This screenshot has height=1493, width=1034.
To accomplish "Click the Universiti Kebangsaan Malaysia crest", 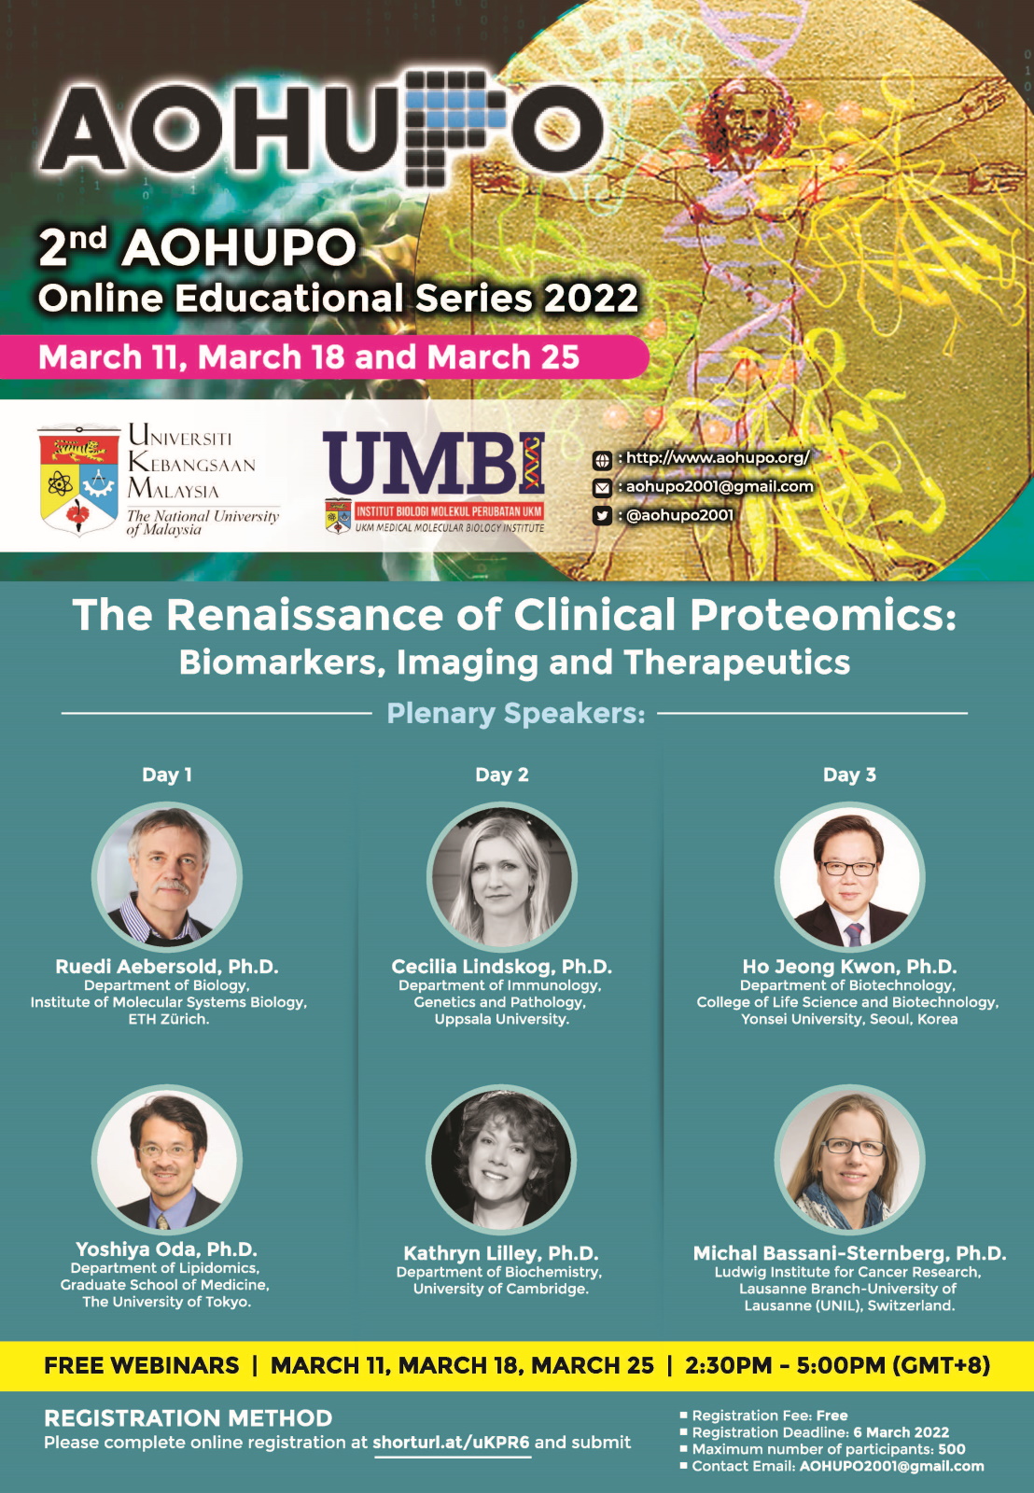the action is point(78,480).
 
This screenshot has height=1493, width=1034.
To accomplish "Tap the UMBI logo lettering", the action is point(434,463).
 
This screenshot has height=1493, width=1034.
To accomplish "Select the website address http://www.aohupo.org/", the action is point(718,457).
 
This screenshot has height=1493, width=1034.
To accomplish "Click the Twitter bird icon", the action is point(601,515).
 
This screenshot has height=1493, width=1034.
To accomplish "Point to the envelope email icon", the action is point(601,488).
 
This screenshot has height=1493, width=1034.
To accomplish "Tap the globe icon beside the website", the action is point(601,459).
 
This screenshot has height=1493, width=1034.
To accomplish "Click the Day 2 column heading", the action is point(502,774).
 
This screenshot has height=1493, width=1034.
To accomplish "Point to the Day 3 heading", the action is point(849,774).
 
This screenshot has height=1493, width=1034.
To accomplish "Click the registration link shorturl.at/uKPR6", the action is point(452,1443).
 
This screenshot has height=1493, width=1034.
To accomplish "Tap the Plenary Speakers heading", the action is point(516,713).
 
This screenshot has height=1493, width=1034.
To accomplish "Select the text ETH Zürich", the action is point(169,1018).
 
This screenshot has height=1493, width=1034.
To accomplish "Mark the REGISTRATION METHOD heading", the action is point(188,1417).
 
